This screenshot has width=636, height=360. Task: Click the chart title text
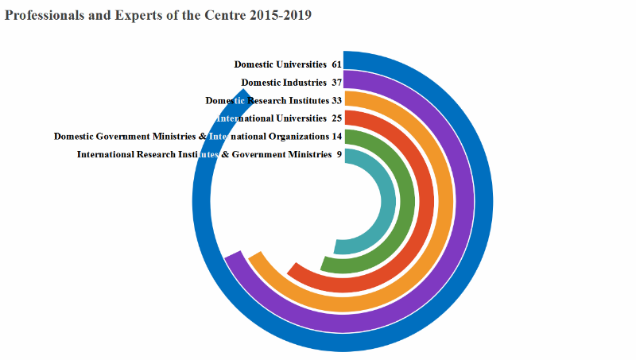158,15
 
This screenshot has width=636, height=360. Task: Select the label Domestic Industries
284,83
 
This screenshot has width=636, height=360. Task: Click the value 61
336,64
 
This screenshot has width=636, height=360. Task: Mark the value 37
336,83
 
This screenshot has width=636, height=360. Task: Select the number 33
336,101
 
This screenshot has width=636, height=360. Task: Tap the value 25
336,118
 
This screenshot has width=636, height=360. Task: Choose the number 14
336,137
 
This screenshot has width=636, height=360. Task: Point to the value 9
339,154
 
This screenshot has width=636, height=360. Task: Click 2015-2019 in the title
277,15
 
